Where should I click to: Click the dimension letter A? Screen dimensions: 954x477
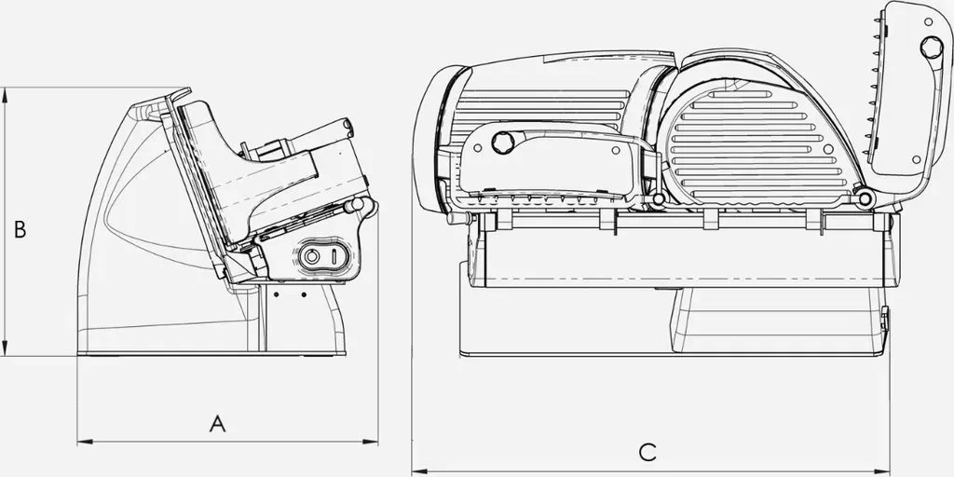point(217,424)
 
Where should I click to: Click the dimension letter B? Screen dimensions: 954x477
point(20,229)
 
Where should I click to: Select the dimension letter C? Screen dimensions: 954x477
point(647,452)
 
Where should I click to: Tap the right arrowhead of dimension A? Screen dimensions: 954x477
point(371,442)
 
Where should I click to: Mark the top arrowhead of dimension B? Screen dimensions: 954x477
point(5,95)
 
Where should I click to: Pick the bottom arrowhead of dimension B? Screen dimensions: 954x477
point(5,348)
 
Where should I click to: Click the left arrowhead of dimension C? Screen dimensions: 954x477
point(419,470)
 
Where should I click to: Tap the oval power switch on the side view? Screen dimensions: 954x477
point(323,256)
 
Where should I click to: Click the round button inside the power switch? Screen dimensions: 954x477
point(311,257)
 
